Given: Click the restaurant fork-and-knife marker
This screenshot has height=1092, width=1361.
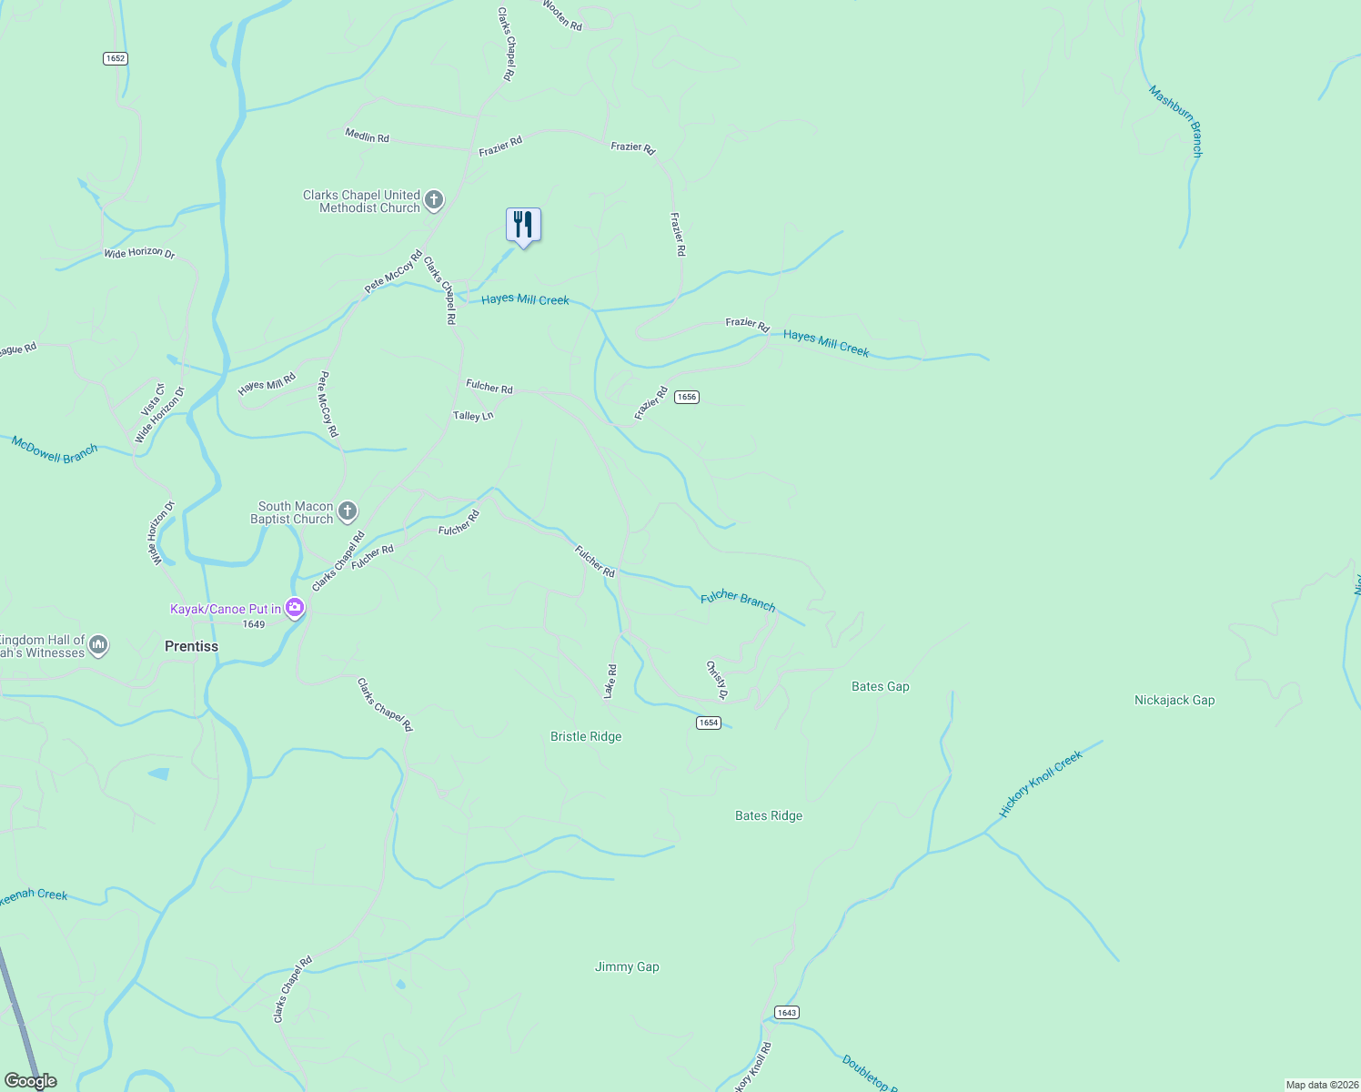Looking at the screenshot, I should click(523, 225).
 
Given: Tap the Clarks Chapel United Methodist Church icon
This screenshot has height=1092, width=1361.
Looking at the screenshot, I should click(435, 201).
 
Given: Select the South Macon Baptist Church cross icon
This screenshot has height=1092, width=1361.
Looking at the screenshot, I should click(348, 511).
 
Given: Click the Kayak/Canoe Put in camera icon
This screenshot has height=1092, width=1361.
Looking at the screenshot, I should click(294, 608).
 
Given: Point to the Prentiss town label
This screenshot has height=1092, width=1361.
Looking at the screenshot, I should click(191, 646).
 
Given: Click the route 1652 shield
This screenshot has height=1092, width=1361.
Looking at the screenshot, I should click(115, 58).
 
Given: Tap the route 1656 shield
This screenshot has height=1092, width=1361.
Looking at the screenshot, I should click(687, 397).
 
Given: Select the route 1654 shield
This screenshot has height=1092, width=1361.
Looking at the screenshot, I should click(709, 723).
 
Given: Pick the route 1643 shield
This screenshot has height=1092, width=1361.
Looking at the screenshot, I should click(786, 1013).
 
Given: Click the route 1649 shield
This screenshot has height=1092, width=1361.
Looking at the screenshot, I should click(254, 624).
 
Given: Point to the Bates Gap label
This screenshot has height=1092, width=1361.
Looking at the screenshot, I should click(880, 687).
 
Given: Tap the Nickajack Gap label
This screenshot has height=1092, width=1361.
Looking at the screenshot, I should click(1174, 701).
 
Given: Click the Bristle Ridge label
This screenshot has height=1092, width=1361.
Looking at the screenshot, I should click(586, 737).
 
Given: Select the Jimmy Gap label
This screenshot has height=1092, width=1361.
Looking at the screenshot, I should click(627, 967).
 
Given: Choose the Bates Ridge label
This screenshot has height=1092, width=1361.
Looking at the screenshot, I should click(769, 816).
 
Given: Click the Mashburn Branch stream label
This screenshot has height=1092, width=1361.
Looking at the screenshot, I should click(1175, 121).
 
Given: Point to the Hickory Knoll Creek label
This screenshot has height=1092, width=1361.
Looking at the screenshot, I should click(1041, 784).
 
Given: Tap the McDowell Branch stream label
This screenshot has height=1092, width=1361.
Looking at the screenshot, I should click(55, 450).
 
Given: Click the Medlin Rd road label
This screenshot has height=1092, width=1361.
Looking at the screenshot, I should click(367, 136).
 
